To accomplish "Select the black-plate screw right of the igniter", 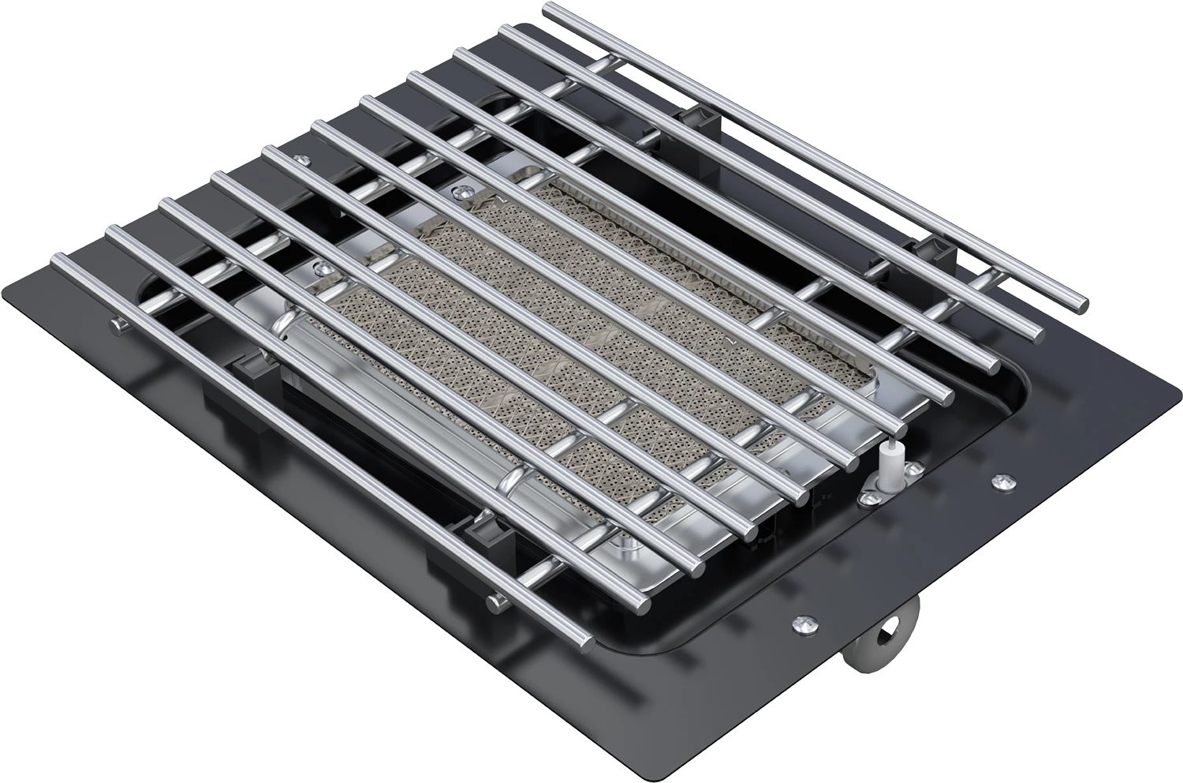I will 1004,479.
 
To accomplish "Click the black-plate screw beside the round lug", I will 801,623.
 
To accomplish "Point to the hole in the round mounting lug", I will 892,628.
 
